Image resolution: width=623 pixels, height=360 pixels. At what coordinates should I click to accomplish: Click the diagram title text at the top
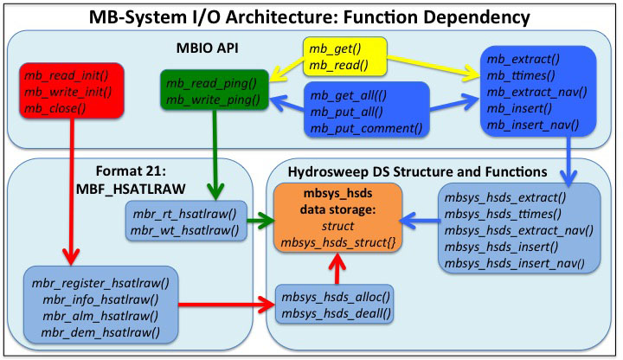coord(311,16)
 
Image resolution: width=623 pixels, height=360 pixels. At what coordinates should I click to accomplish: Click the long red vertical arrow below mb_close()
coord(65,190)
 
